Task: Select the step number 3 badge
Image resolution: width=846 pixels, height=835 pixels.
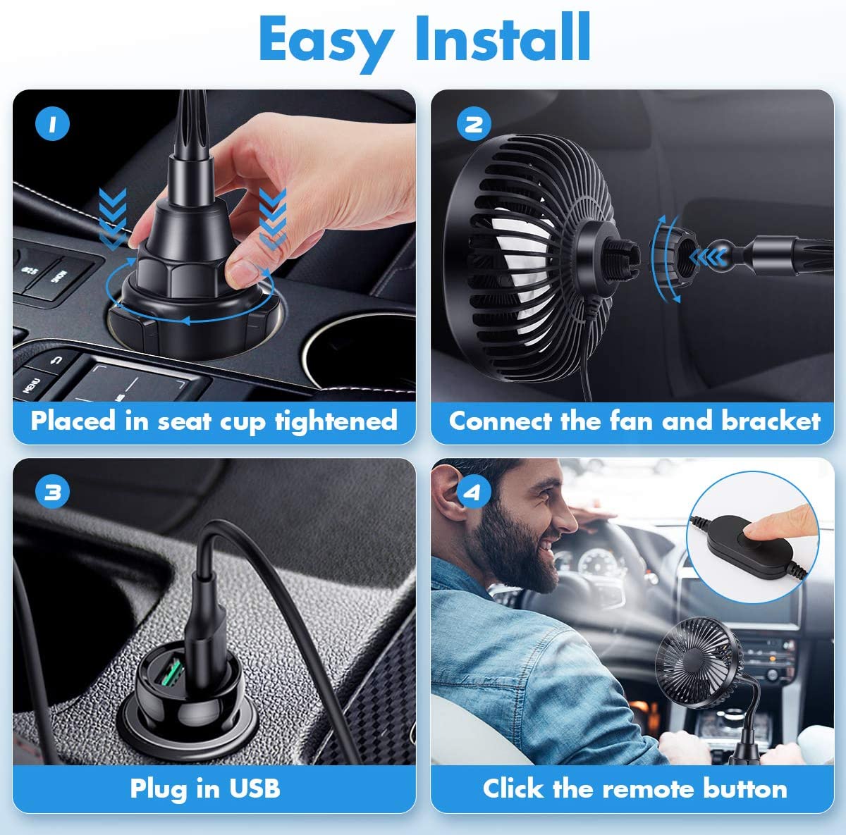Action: click(52, 492)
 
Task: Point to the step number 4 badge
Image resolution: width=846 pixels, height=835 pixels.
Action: click(472, 492)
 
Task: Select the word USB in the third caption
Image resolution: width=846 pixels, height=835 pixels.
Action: click(254, 788)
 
